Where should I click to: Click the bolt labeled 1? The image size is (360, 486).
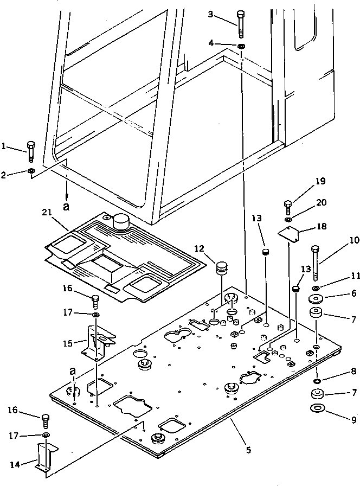[31, 151]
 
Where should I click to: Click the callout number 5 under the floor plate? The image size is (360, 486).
[247, 449]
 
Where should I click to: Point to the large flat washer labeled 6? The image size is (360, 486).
[316, 299]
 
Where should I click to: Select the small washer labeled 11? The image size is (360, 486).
[317, 287]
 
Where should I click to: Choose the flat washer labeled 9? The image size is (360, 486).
[317, 407]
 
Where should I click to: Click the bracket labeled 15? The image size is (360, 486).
[98, 344]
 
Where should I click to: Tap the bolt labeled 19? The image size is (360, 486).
[288, 206]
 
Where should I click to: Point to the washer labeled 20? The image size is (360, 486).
[288, 219]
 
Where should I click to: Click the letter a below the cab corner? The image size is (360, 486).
[67, 207]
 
